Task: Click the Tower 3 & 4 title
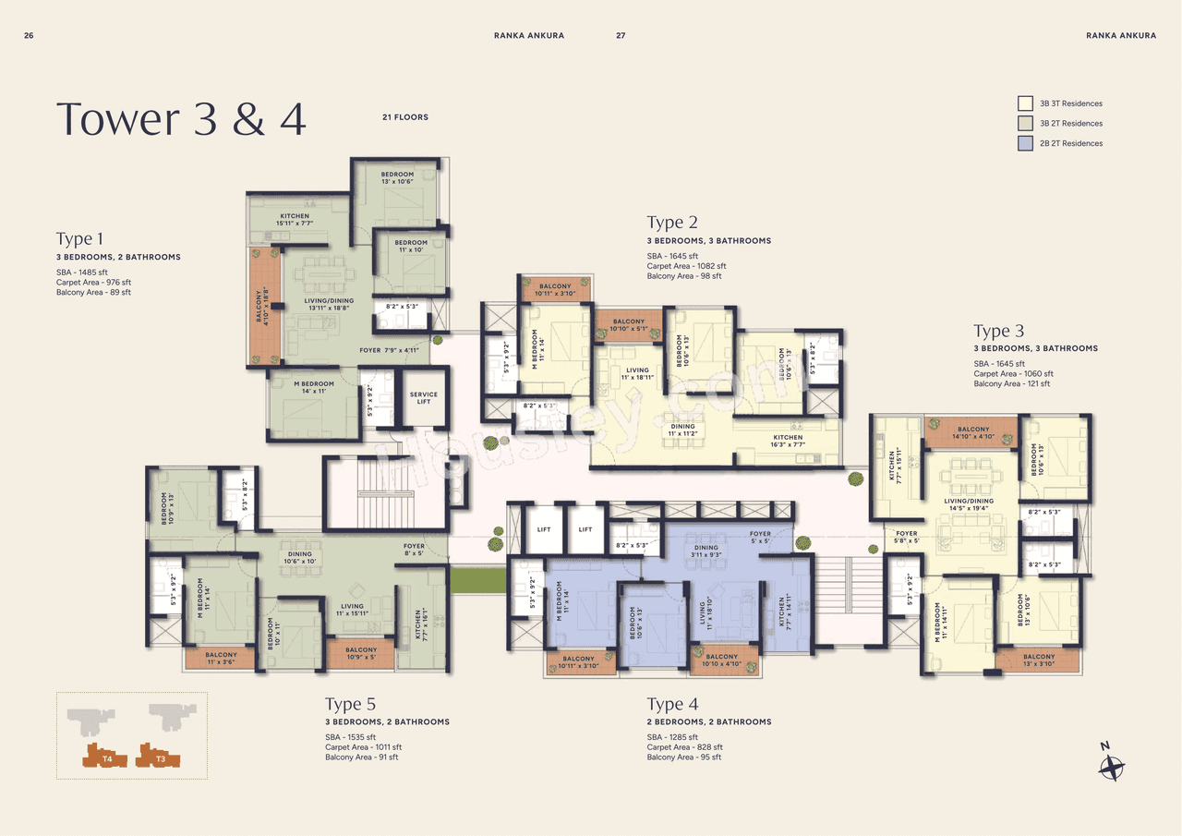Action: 181,120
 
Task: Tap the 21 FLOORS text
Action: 404,117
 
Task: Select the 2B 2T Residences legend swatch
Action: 1025,143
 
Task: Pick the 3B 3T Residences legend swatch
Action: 1025,103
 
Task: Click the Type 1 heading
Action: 79,239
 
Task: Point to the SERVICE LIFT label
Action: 423,398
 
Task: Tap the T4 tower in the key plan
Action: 105,755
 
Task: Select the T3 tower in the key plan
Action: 158,755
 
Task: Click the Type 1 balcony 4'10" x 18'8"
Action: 263,305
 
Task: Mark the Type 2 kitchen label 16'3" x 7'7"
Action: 788,441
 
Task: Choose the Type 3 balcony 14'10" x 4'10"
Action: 972,433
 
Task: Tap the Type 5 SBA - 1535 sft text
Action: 350,736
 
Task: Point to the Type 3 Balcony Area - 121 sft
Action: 1011,383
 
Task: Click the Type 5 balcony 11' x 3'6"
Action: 222,659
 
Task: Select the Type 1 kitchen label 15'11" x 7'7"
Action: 295,220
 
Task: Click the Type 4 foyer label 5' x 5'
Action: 760,538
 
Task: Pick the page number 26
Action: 29,35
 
